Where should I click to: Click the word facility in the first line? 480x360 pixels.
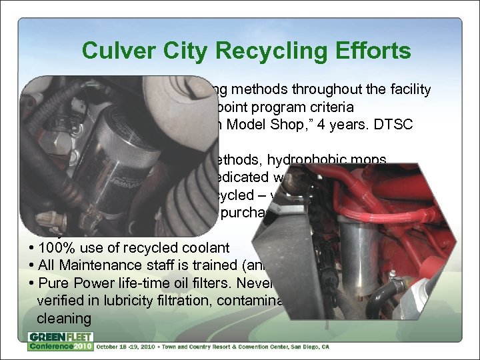click(411, 89)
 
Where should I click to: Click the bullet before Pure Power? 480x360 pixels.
click(30, 283)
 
